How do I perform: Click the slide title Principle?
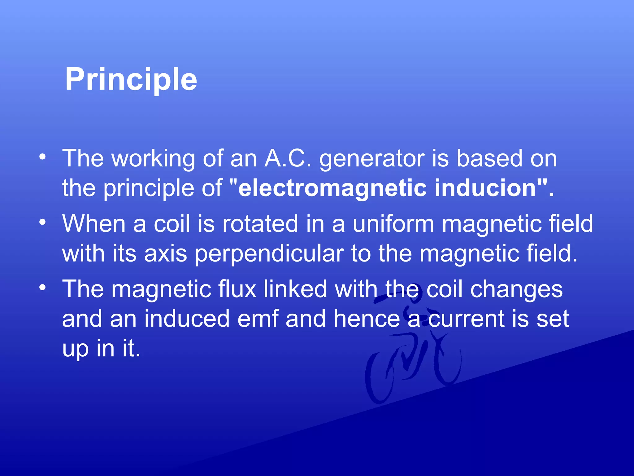pos(131,80)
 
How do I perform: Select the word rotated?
pos(260,224)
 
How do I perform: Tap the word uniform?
pos(393,224)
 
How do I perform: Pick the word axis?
pos(166,253)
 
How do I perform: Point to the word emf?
pos(258,319)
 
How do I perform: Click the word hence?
pos(367,319)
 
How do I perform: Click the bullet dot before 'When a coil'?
pos(42,222)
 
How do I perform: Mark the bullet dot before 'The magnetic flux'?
pos(42,288)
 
